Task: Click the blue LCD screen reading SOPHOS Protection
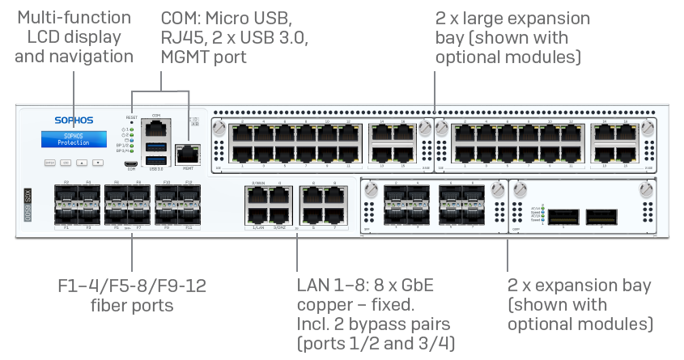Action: pyautogui.click(x=74, y=138)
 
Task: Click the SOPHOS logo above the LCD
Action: pyautogui.click(x=74, y=121)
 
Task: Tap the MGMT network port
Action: pyautogui.click(x=188, y=150)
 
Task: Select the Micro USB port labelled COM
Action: pyautogui.click(x=130, y=163)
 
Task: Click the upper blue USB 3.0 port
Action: pyautogui.click(x=155, y=146)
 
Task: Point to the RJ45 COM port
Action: pyautogui.click(x=155, y=128)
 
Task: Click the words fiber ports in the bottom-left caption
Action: pyautogui.click(x=131, y=306)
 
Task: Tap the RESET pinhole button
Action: pyautogui.click(x=130, y=122)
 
